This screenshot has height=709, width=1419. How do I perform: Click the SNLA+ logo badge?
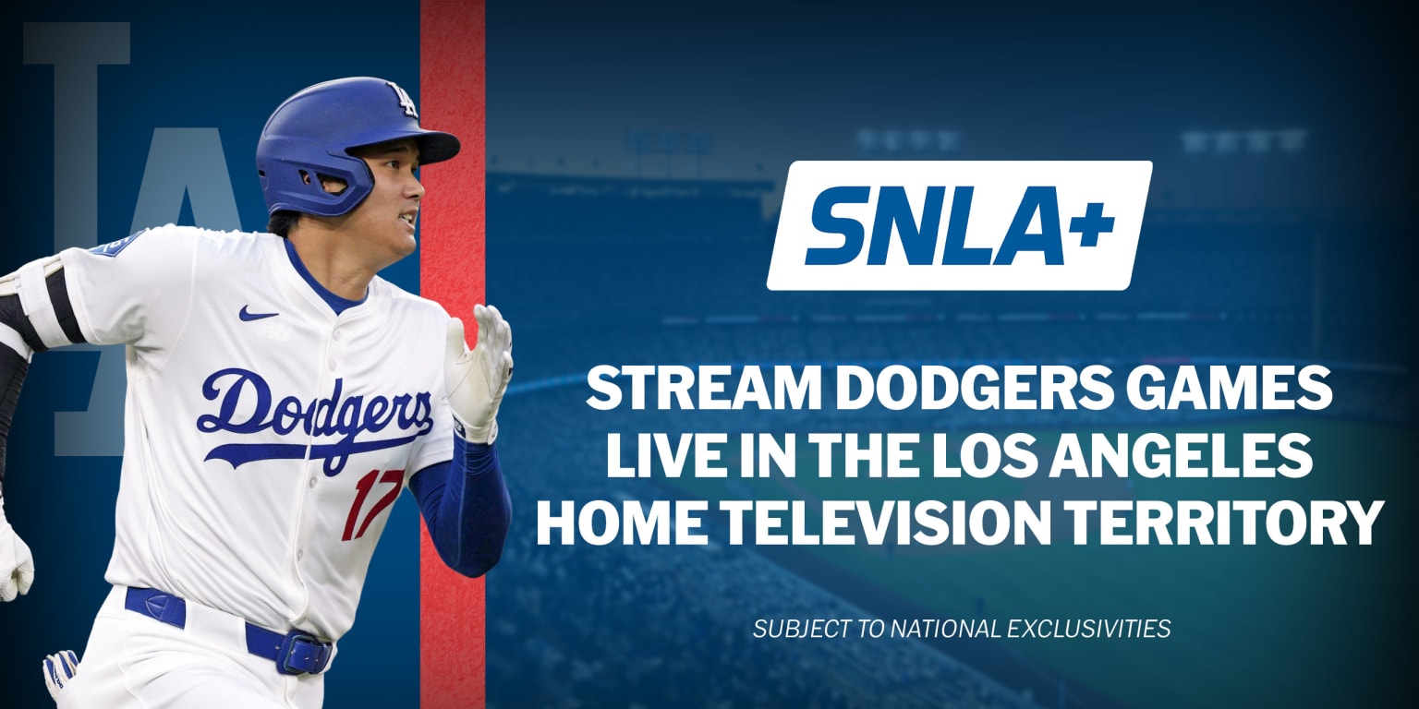(959, 225)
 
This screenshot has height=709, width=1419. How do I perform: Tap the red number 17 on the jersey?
(371, 505)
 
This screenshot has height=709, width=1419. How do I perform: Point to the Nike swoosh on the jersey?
(258, 313)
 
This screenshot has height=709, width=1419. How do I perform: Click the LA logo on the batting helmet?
(403, 99)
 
